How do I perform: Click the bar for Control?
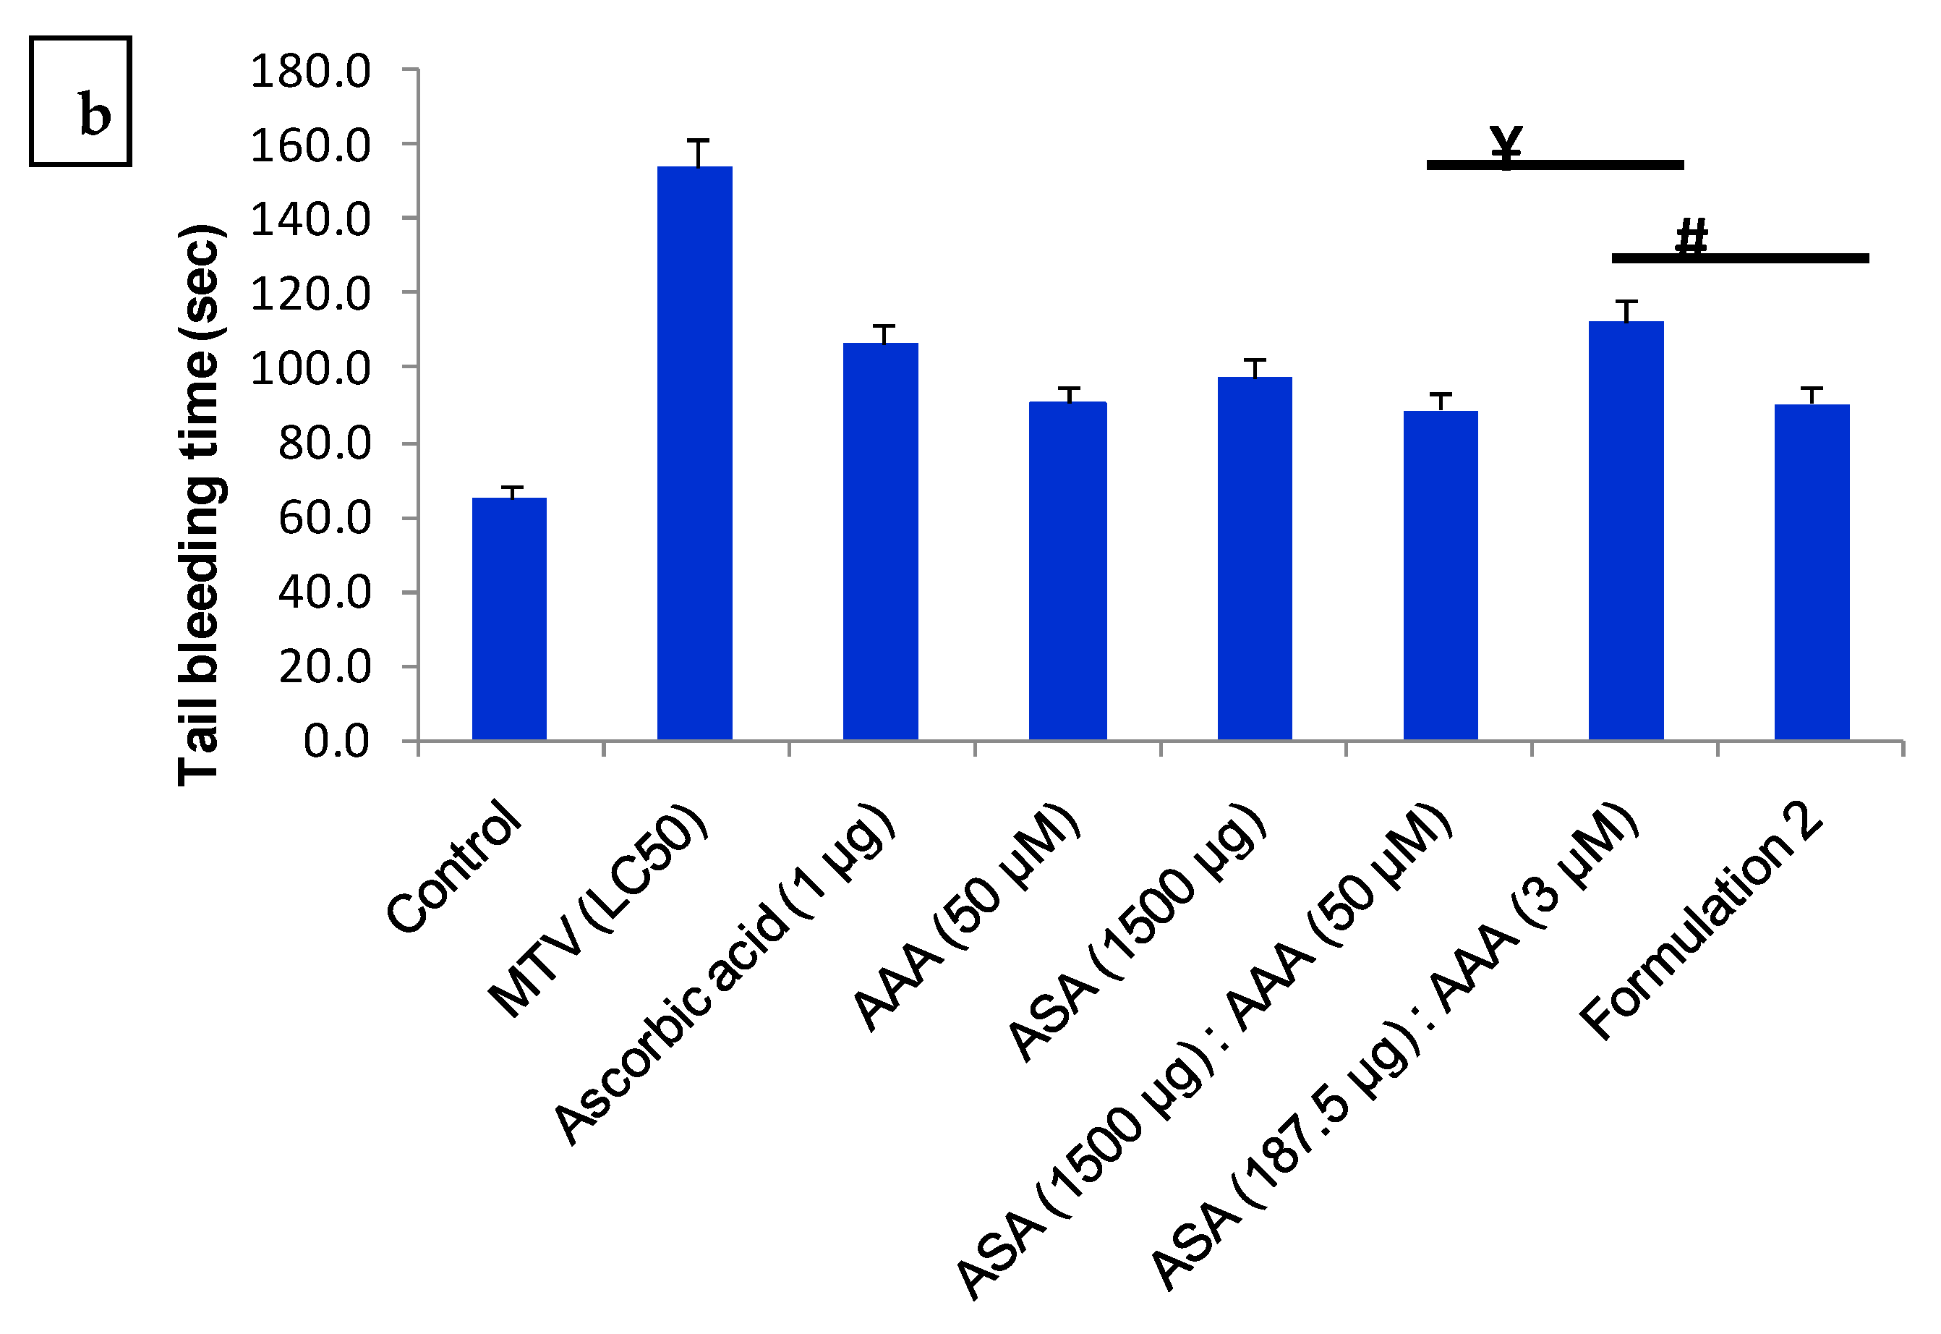pos(509,619)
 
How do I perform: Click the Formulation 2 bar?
pos(1812,572)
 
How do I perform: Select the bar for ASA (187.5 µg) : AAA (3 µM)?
pos(1625,531)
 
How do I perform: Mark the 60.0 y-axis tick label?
pos(323,518)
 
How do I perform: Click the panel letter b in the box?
pos(95,114)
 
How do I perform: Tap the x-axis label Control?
pos(456,866)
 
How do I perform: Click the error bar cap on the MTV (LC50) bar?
pos(699,140)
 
